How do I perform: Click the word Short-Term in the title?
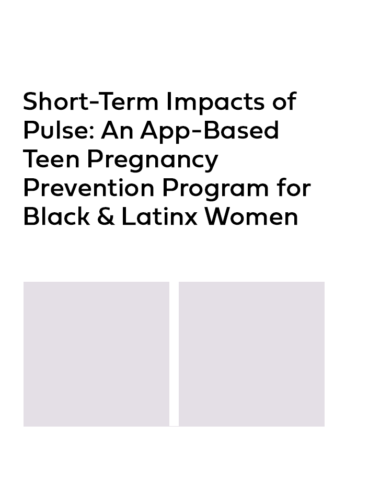click(91, 101)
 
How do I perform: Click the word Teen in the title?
click(51, 159)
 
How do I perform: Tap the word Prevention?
click(89, 188)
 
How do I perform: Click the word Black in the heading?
click(56, 216)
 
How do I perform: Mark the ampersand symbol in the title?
click(106, 217)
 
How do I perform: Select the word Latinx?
click(159, 216)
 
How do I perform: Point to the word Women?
click(251, 217)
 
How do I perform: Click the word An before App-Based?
click(117, 130)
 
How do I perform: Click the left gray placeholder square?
click(96, 354)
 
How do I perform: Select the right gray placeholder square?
click(251, 354)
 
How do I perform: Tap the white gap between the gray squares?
click(174, 354)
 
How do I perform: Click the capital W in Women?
click(218, 217)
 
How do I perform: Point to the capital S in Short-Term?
click(31, 101)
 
